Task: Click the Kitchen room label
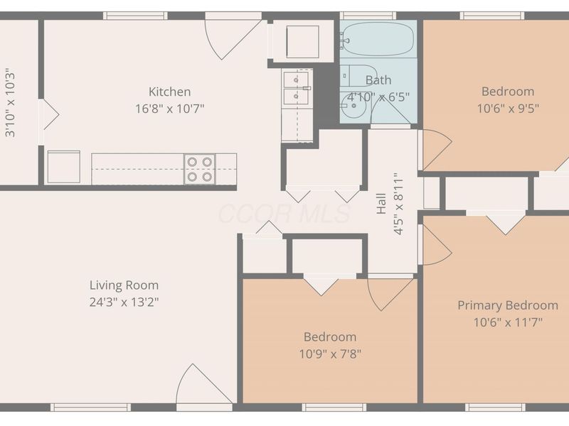[169, 92]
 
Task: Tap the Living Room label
[124, 285]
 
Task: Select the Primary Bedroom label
[508, 306]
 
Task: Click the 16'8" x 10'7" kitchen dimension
[169, 109]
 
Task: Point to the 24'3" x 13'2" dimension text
[124, 302]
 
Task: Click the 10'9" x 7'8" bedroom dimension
[330, 354]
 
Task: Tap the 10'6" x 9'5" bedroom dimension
[508, 108]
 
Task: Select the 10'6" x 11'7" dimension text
[508, 322]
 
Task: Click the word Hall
[381, 204]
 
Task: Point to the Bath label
[378, 80]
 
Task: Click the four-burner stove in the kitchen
[200, 169]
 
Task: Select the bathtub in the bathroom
[378, 39]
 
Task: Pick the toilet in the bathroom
[358, 76]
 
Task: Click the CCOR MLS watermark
[284, 214]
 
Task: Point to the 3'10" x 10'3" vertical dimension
[10, 103]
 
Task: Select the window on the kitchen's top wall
[135, 16]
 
